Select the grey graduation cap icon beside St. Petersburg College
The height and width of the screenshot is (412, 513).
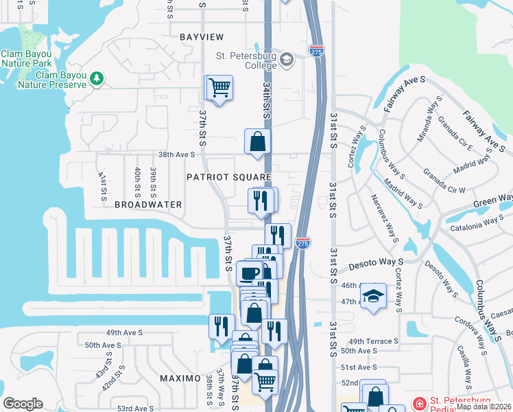[287, 60]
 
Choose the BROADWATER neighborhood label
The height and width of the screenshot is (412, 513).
[148, 205]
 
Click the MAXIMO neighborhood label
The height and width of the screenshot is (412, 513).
[180, 378]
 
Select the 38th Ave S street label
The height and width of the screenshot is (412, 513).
[177, 155]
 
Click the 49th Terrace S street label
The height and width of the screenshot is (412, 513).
[374, 341]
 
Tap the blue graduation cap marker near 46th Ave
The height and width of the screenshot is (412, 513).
[374, 295]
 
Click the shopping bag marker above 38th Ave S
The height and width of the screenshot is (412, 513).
[258, 142]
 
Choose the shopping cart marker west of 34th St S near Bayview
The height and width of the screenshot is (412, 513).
[219, 88]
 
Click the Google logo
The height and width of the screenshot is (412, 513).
[23, 404]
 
